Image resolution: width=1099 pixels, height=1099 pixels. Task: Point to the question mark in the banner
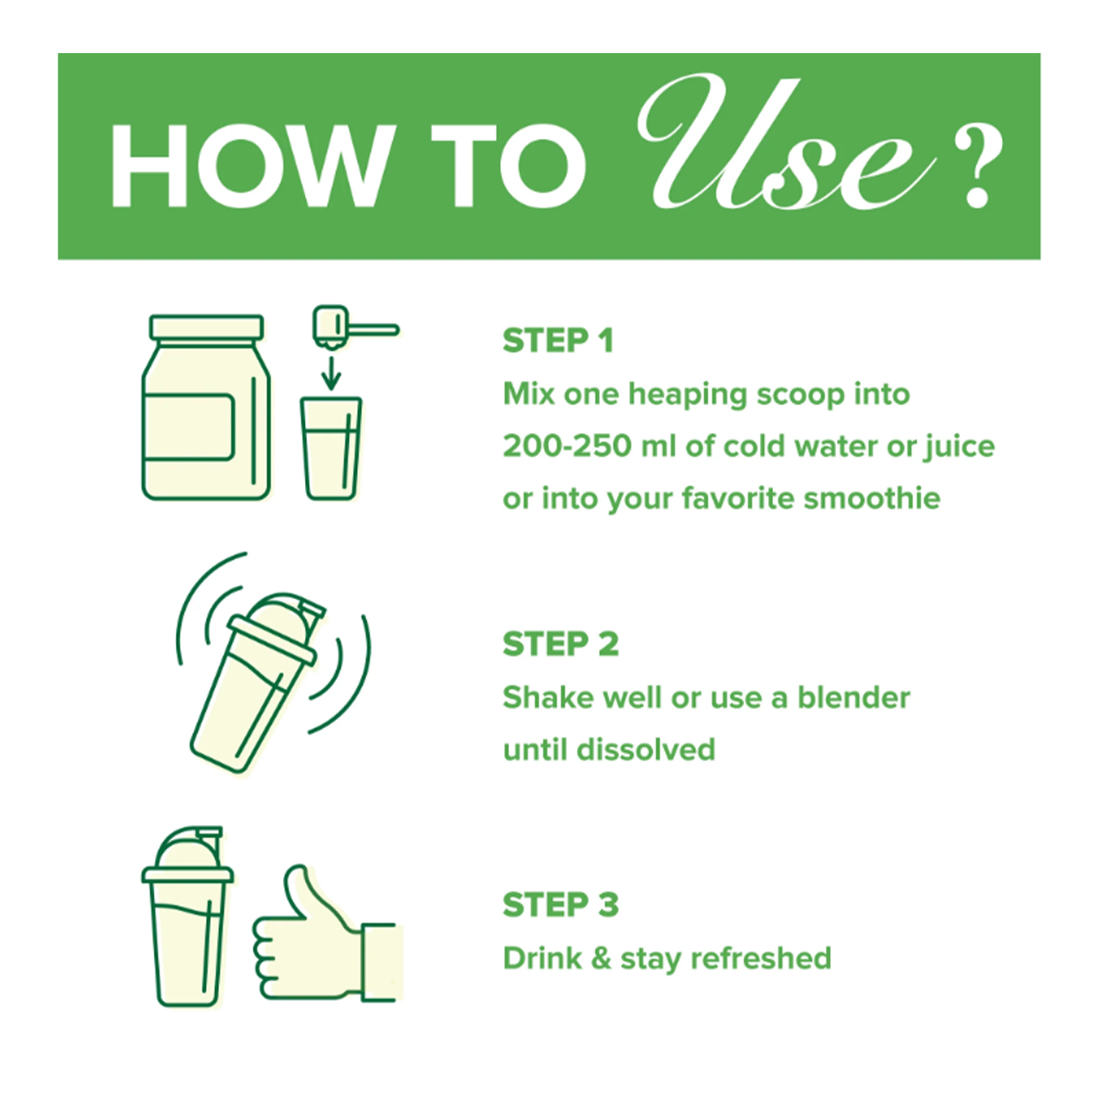coord(978,167)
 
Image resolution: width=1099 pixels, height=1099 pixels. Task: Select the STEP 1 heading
coord(558,341)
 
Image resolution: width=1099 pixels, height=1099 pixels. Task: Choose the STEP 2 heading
coord(560,644)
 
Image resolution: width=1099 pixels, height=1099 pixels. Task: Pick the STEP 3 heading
coord(560,905)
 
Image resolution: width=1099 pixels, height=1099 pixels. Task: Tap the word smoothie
coord(872,498)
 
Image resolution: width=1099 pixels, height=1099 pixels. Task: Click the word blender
coord(854,697)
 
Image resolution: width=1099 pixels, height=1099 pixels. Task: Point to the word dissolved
coord(646,749)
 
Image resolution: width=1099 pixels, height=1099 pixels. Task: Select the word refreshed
coord(761,958)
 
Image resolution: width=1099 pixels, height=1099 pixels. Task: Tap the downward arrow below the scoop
coord(331,373)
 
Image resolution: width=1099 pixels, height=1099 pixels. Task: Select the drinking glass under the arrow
coord(331,449)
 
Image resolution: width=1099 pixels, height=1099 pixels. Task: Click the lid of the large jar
coord(206,328)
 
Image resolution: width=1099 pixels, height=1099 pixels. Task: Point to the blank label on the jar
coord(189,427)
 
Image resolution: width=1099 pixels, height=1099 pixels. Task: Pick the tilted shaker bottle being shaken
coord(257,682)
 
